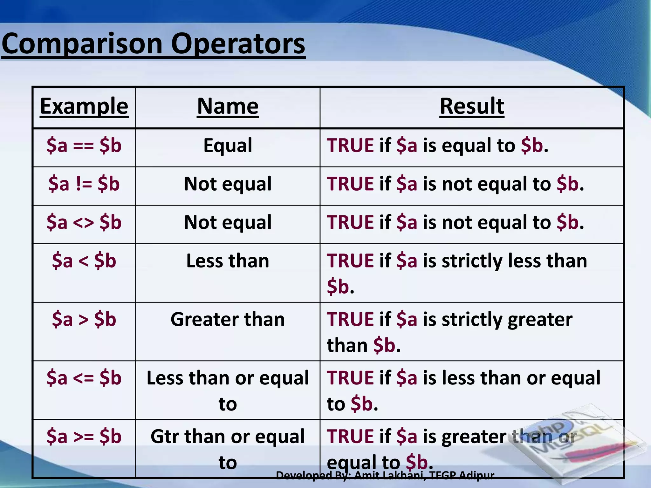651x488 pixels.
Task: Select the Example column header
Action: click(84, 106)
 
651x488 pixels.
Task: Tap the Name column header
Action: click(228, 106)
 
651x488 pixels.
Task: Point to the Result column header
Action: click(472, 106)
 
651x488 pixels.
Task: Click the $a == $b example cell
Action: click(84, 146)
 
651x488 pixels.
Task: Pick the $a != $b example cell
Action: click(84, 184)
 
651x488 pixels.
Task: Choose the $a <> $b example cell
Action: click(84, 222)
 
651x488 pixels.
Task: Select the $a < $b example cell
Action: click(84, 261)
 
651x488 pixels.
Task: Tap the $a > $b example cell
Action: click(84, 319)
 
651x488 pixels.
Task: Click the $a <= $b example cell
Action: click(84, 378)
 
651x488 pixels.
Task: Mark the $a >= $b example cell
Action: click(84, 437)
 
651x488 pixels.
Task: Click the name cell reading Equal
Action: click(228, 146)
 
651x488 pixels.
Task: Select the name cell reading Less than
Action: click(228, 261)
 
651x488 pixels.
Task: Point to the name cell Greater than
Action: click(228, 319)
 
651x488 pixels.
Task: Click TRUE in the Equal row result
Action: click(350, 146)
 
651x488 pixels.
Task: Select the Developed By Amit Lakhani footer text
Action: click(385, 475)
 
